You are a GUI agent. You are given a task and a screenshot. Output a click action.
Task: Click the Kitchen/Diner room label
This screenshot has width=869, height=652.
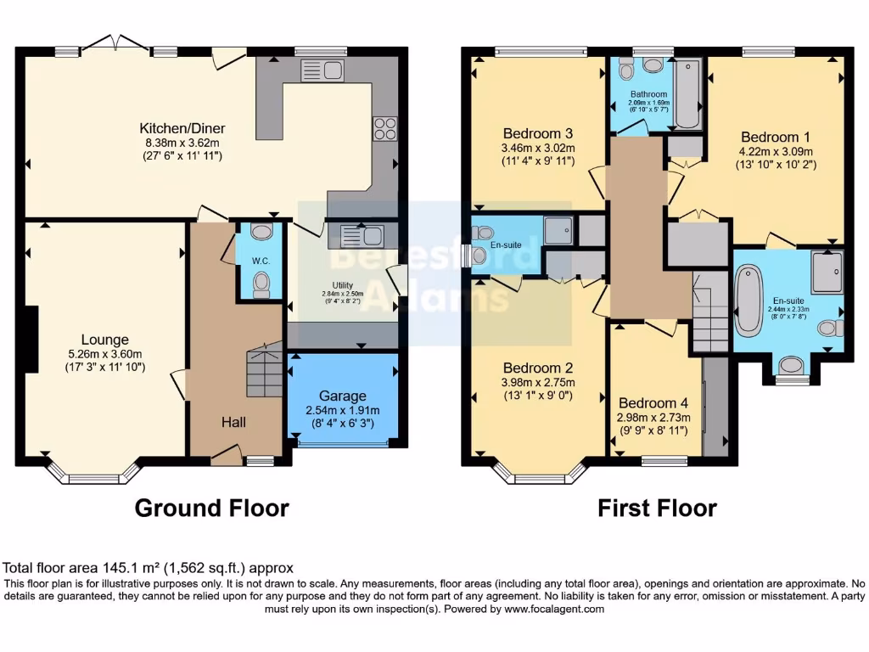pos(182,129)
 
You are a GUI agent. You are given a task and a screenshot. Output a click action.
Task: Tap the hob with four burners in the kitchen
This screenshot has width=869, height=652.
pos(384,127)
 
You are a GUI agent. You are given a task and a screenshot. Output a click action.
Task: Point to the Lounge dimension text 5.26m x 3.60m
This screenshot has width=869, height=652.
pos(105,354)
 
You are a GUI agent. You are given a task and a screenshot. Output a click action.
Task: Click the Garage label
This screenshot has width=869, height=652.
pos(343,396)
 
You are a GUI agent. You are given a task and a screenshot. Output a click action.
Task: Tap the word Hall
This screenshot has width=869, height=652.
pos(234,422)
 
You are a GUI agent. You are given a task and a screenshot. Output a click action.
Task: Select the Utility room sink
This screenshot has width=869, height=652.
pos(362,235)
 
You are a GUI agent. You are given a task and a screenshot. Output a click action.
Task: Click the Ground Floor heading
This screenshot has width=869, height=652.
pos(212,508)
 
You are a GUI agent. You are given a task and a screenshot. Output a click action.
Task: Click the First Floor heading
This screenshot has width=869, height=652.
pos(657,508)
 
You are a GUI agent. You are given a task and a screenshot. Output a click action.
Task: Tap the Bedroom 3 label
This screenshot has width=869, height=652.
pos(538,133)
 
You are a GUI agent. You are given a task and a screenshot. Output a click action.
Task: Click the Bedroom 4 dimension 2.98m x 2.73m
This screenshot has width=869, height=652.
pos(653,417)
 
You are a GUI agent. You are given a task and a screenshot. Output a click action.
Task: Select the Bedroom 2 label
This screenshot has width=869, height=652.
pos(538,368)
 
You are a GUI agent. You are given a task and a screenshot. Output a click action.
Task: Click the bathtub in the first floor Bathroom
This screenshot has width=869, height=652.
pos(687,93)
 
